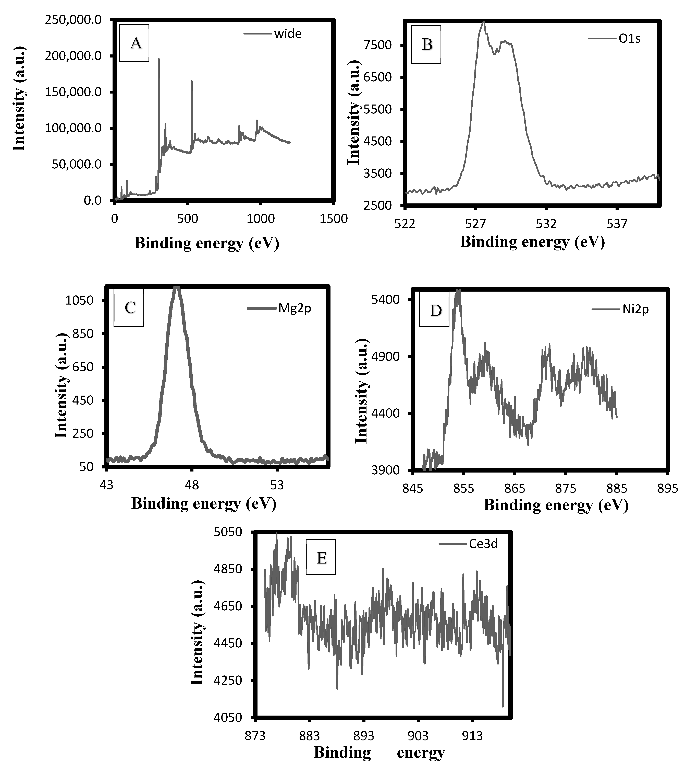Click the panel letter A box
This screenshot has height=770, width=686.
(x=134, y=43)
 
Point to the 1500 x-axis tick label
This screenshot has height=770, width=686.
(x=334, y=219)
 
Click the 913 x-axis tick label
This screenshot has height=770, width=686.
(x=473, y=736)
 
